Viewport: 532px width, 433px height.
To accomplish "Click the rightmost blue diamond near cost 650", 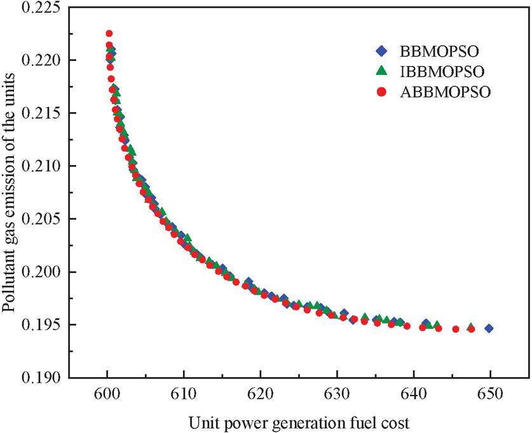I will pos(489,328).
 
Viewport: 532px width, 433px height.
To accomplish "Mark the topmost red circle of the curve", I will pos(109,33).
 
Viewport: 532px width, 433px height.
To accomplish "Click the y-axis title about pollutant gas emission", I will pos(10,190).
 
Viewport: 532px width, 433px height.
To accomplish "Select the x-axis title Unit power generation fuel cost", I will pos(299,420).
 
